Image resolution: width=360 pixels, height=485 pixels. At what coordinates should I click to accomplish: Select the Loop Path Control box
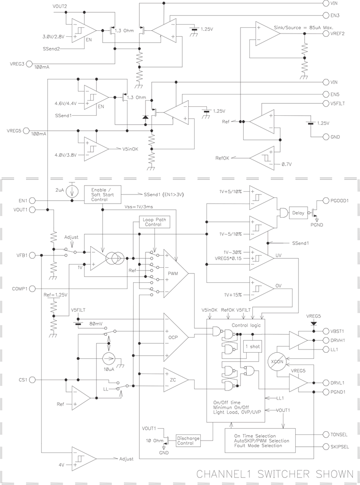(x=154, y=222)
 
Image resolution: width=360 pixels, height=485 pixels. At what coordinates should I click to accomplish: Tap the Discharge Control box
(x=188, y=440)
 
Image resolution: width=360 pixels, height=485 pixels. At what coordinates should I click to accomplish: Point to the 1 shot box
(x=252, y=347)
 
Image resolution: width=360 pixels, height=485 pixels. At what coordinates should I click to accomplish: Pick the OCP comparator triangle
(x=173, y=337)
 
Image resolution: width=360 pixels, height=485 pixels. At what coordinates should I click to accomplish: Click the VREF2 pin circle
(x=326, y=34)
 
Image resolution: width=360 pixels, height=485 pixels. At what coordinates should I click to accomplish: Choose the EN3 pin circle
(x=326, y=15)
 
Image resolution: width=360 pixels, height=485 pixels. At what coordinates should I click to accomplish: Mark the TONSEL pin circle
(x=326, y=434)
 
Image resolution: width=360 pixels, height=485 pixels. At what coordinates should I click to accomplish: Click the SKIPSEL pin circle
(x=326, y=446)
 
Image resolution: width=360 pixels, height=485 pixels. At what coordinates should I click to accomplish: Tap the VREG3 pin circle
(x=29, y=64)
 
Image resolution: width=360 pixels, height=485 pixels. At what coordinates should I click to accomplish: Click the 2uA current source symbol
(x=72, y=191)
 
